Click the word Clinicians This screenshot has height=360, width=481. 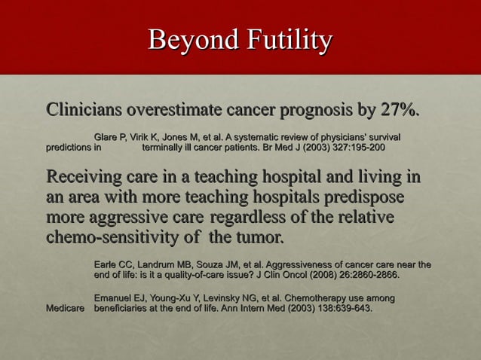(84, 111)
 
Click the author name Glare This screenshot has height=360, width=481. (106, 137)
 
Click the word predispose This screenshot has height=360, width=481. (363, 198)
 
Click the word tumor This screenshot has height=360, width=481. (259, 239)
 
